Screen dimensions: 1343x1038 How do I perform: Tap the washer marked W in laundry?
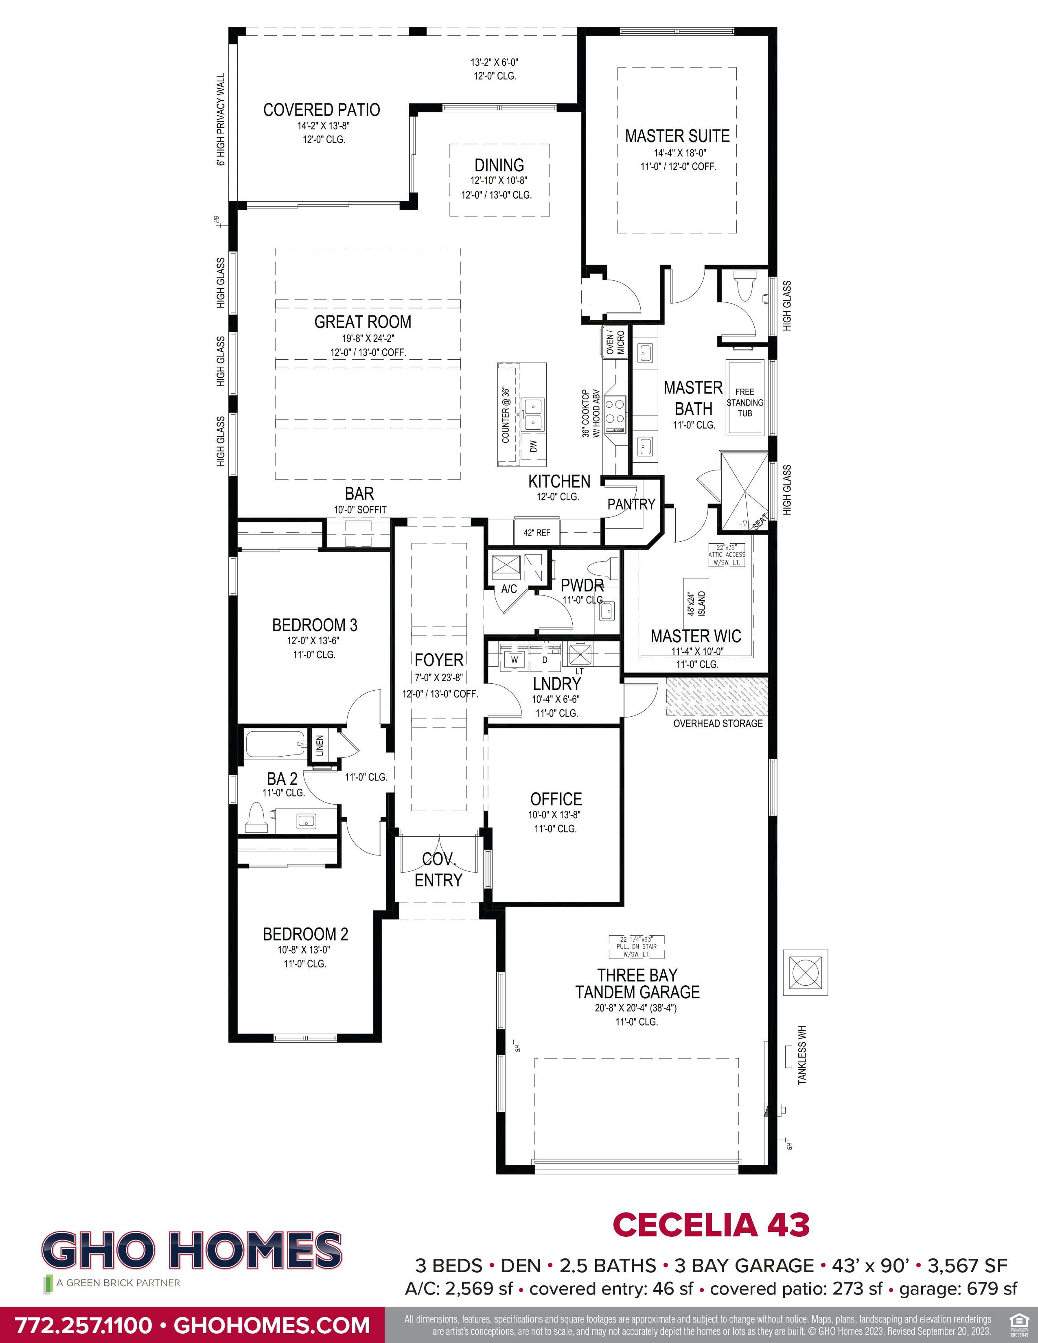[x=514, y=660]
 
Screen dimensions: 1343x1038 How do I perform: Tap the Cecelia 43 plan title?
[x=711, y=1225]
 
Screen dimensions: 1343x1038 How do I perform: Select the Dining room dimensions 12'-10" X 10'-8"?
[x=499, y=181]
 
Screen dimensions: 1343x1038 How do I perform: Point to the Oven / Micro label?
[x=614, y=342]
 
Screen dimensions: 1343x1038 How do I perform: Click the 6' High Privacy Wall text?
[x=221, y=120]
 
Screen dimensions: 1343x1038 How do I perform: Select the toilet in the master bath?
[x=745, y=285]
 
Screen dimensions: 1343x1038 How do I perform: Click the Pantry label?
[x=631, y=504]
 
